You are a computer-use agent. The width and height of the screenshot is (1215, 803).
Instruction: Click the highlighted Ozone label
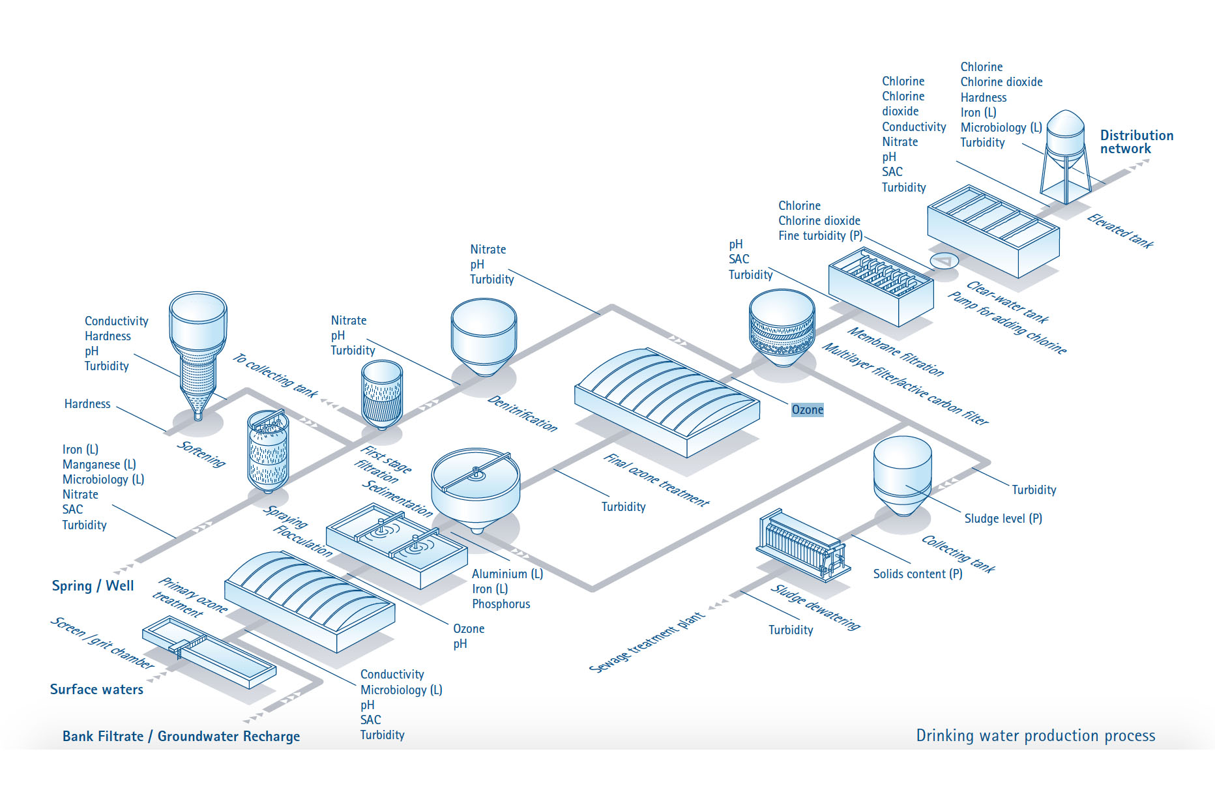coord(807,410)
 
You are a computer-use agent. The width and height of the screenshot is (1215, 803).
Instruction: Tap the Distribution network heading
coord(1136,142)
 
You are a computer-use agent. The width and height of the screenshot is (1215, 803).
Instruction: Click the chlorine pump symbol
coord(944,262)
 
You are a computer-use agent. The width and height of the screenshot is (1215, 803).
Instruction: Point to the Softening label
coord(201,454)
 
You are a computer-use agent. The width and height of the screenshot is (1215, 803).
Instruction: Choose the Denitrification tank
coord(484,336)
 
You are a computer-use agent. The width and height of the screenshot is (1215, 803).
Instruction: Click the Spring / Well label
coord(93,586)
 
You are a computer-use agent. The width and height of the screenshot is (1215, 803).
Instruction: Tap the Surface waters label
coord(96,690)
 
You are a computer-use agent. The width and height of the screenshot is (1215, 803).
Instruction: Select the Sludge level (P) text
coord(1003,519)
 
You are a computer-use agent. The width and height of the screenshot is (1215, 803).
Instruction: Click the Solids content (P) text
coord(917,574)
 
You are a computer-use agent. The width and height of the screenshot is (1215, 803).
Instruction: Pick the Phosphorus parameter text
coord(501,604)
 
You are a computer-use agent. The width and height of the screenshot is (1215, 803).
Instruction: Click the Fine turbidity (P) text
coord(820,236)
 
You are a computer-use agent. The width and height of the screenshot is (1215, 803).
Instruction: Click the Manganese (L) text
coord(99,465)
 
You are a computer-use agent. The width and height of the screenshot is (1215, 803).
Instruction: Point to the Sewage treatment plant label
coord(647,642)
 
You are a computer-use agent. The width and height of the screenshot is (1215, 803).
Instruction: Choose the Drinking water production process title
coord(1035,736)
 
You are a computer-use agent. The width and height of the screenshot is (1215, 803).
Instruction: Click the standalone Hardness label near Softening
coord(87,404)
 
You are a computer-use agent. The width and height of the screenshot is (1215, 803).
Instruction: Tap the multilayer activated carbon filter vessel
coord(782,329)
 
